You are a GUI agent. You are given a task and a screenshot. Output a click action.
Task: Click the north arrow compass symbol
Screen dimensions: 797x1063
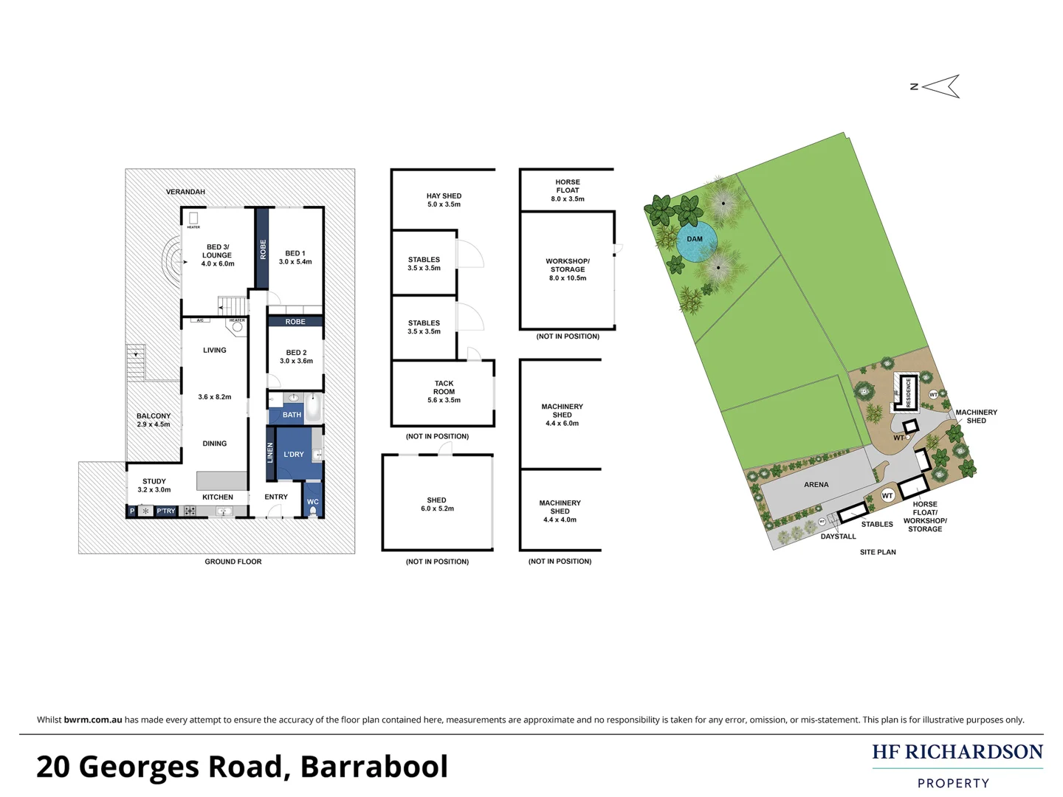(939, 86)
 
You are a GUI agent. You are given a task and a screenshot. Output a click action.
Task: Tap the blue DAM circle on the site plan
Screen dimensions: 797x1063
(695, 240)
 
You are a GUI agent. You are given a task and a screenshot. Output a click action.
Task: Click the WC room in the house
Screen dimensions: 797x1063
(313, 502)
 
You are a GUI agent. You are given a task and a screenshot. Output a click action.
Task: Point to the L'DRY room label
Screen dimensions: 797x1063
(294, 455)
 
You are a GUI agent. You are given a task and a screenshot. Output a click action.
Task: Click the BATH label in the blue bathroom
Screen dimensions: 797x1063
(292, 415)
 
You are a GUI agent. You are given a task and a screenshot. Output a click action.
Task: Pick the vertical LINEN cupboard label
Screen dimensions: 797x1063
(270, 452)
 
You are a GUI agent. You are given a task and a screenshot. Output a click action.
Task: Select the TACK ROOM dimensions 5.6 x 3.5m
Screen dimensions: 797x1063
(444, 400)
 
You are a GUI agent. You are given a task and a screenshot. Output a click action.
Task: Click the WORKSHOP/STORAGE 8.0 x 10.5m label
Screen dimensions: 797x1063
(568, 269)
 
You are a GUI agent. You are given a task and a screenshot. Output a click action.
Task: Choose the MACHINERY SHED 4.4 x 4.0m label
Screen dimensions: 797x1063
(560, 511)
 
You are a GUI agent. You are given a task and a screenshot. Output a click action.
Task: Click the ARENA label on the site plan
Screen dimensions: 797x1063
(816, 485)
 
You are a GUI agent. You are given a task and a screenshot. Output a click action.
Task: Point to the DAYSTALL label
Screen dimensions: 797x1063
(838, 536)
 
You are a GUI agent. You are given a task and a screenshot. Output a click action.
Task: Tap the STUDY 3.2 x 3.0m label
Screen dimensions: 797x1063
(154, 486)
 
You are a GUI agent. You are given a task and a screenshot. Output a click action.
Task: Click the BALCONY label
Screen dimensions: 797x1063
(154, 416)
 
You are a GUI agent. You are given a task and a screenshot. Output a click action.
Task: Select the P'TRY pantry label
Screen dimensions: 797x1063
(166, 511)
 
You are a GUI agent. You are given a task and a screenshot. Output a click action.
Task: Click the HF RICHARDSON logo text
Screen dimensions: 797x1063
(957, 752)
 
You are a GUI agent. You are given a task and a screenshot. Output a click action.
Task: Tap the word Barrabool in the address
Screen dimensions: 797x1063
(374, 767)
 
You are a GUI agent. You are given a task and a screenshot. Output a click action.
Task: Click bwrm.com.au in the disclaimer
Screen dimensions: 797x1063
(93, 720)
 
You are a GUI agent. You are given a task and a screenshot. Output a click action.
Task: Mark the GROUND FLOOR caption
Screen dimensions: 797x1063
(233, 562)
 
